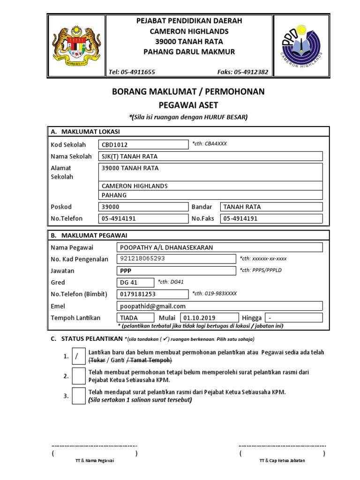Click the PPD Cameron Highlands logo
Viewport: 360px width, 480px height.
point(301,46)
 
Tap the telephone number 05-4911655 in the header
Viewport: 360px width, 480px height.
point(132,72)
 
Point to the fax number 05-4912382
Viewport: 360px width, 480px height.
point(243,72)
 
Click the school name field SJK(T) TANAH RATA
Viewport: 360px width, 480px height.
point(210,157)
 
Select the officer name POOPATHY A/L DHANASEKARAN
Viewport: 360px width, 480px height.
point(219,247)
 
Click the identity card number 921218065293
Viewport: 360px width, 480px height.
point(176,259)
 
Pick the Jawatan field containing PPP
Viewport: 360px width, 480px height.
point(176,270)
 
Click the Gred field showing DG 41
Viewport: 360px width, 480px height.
point(135,282)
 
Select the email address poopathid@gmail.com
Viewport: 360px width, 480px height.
point(219,306)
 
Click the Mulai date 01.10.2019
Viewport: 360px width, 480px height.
point(207,318)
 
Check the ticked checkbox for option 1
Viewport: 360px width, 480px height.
point(78,356)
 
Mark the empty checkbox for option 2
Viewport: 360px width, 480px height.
point(78,376)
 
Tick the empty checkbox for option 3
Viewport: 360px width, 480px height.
point(78,396)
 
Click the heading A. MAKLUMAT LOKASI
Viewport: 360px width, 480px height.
point(85,132)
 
